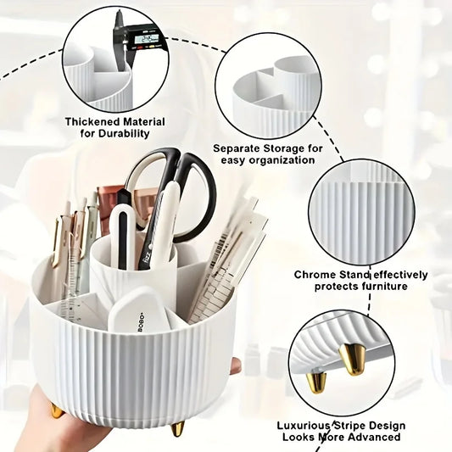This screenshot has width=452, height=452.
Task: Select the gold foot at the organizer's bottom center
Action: coord(177,428)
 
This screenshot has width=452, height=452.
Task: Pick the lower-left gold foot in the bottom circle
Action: coord(316,382)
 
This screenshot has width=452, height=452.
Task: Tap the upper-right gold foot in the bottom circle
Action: coord(353,357)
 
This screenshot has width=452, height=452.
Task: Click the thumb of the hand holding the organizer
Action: coord(235,366)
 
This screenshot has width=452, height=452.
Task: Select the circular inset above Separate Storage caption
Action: coord(268,85)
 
